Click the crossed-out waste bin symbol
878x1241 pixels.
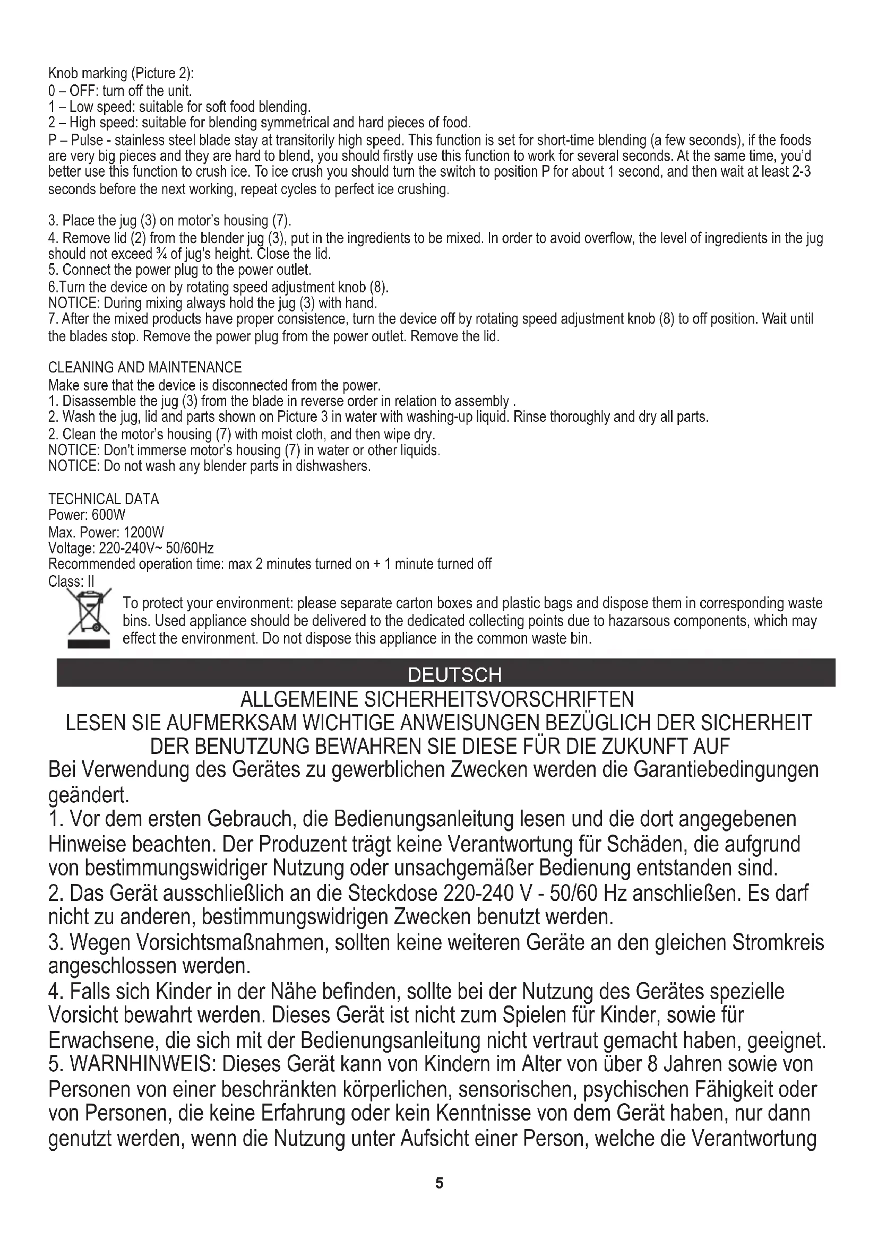coord(88,619)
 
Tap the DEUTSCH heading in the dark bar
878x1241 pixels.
coord(455,674)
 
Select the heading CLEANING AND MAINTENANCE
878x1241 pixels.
coord(145,368)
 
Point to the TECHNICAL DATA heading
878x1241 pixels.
coord(104,499)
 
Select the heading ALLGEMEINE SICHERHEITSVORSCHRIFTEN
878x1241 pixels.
coord(437,699)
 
